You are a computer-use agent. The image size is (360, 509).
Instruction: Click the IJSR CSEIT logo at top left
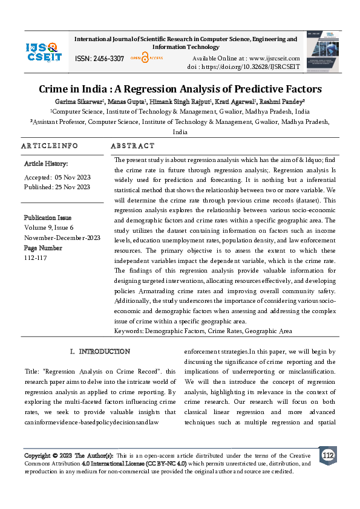(x=44, y=51)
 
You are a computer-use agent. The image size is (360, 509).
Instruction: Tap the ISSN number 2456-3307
(x=108, y=59)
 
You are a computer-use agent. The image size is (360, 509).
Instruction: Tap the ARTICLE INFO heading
(x=50, y=146)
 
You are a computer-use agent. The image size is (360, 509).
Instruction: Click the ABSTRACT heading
(x=133, y=146)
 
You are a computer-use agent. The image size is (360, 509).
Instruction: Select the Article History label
(x=46, y=164)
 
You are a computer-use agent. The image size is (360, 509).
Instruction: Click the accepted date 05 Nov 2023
(x=72, y=177)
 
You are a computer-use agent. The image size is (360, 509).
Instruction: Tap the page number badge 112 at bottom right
(x=328, y=455)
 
